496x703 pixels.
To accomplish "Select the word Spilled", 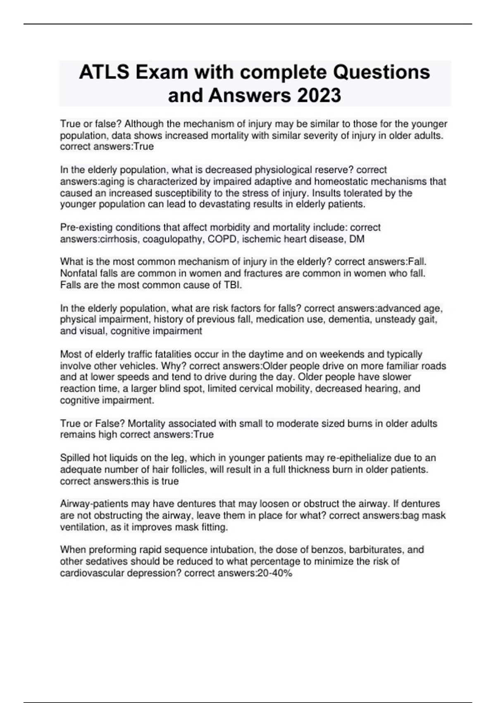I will (75, 458).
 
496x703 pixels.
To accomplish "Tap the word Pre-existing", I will (86, 227).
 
